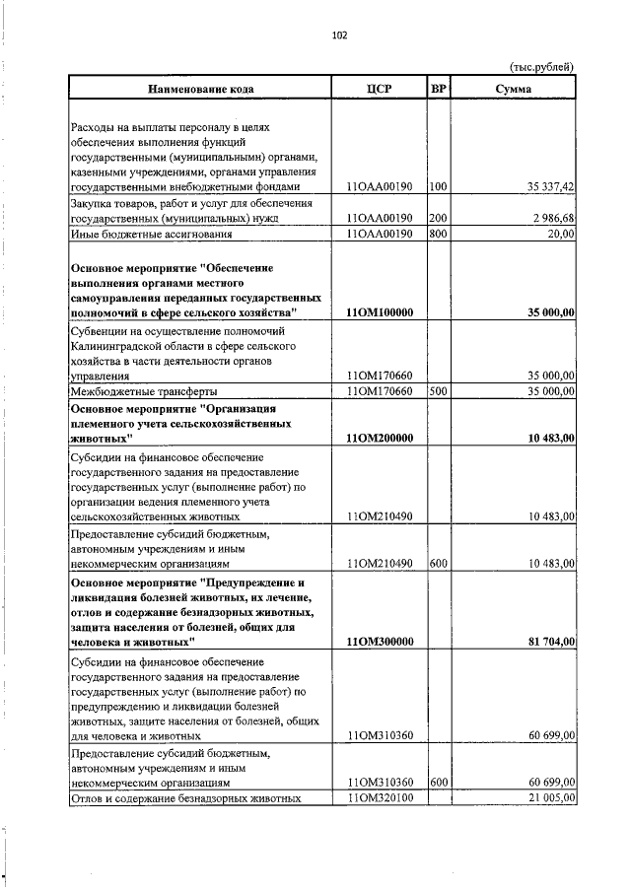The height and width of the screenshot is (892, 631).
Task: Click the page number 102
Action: click(x=341, y=36)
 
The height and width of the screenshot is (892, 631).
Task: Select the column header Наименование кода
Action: click(x=200, y=89)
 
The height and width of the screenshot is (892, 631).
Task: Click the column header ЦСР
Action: click(x=379, y=89)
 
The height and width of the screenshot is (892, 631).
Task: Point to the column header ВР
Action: click(x=439, y=89)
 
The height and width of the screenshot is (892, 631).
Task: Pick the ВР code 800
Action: click(x=439, y=234)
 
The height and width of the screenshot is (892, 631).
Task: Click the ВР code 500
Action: click(x=439, y=391)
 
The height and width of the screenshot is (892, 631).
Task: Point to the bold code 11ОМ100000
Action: click(x=380, y=312)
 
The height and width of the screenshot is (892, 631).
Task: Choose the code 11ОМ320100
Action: click(x=380, y=798)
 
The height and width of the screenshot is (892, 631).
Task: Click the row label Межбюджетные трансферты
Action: click(x=143, y=391)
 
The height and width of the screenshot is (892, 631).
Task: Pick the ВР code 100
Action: click(x=439, y=186)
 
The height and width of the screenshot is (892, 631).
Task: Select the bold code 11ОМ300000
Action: click(x=380, y=642)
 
